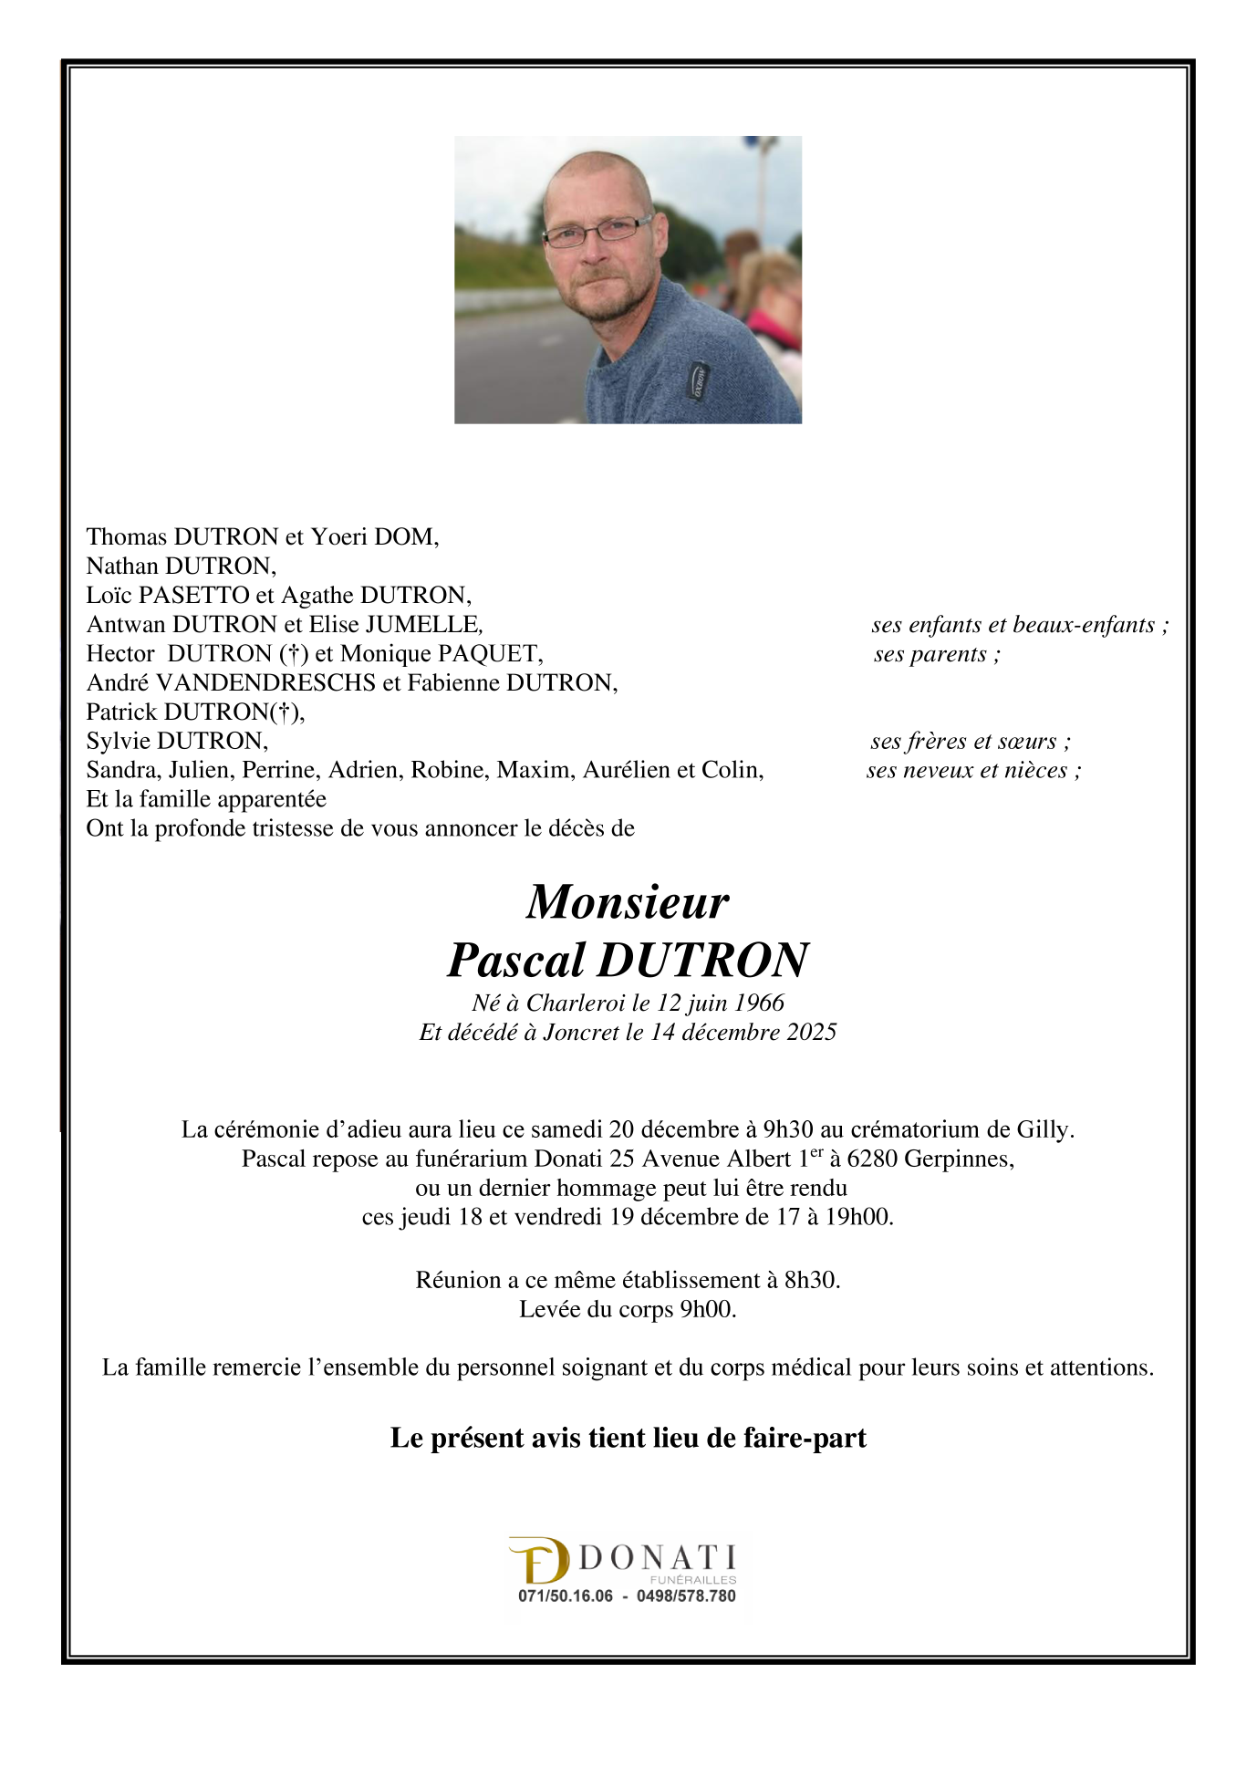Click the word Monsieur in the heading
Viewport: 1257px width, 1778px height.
click(x=628, y=902)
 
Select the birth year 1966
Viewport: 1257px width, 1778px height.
click(x=759, y=1003)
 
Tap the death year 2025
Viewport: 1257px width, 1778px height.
click(x=805, y=1032)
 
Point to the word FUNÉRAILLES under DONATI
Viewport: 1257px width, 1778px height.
click(x=693, y=1579)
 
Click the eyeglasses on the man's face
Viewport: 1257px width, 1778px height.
click(x=595, y=232)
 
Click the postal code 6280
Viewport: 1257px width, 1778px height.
click(x=871, y=1159)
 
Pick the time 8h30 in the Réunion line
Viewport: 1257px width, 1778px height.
click(x=810, y=1280)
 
